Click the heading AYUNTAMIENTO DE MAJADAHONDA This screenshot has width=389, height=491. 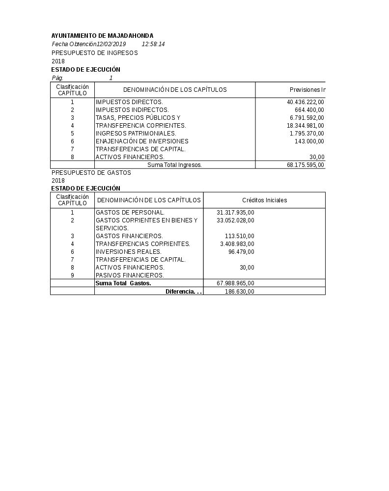[102, 36]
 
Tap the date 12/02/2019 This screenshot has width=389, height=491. [111, 44]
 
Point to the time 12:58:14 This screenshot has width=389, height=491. [153, 44]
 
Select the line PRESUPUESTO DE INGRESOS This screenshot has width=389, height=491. [94, 53]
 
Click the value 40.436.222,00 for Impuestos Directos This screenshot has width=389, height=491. [305, 102]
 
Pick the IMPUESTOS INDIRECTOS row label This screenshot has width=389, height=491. [132, 110]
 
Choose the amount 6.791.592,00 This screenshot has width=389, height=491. [306, 118]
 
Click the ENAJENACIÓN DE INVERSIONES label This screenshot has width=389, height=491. [142, 141]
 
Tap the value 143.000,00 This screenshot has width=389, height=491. [309, 141]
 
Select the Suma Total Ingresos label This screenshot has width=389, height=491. [174, 165]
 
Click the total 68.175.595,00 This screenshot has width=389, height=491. [305, 165]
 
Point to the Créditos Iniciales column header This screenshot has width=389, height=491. [264, 200]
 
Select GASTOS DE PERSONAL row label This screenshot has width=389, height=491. [130, 213]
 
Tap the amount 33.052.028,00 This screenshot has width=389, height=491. [235, 220]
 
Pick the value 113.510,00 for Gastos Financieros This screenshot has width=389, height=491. [239, 236]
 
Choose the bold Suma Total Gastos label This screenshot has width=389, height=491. [123, 283]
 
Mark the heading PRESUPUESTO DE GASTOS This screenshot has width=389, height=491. [91, 172]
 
